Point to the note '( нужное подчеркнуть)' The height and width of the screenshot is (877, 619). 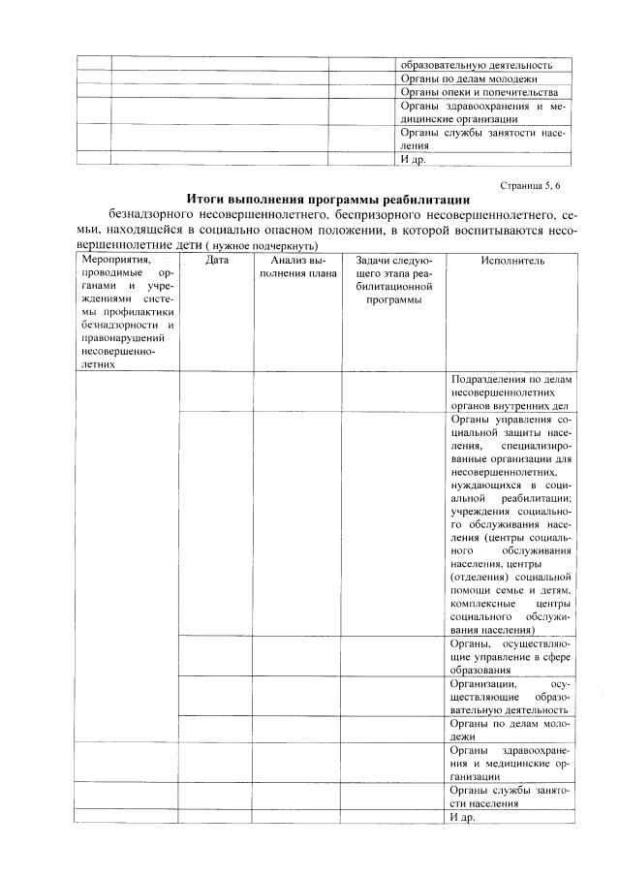[263, 247]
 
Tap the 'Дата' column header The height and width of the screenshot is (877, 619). [217, 261]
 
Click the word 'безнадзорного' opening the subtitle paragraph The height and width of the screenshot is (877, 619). [151, 213]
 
